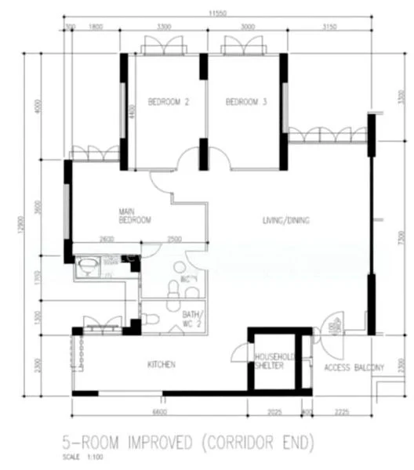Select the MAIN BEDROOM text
coord(134,216)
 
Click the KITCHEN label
coord(162,364)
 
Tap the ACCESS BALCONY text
coord(354,367)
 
